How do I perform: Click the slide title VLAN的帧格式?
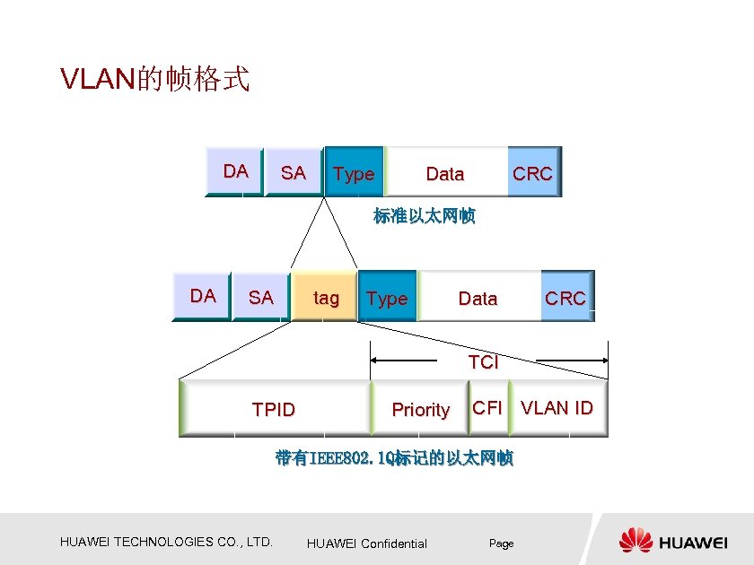pos(154,80)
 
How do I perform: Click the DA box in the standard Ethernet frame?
pos(235,171)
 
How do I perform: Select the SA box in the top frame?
pos(294,172)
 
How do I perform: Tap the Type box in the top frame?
pos(354,173)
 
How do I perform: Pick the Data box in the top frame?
pos(445,173)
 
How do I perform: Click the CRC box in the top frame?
pos(533,173)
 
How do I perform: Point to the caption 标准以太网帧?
pos(424,216)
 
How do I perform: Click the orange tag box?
pos(326,298)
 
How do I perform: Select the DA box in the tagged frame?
pos(203,296)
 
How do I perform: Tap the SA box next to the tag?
pos(260,298)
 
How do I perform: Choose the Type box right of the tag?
pos(387,298)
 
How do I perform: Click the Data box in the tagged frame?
pos(478,298)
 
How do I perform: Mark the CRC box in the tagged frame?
pos(565,298)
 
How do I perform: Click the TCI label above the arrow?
pos(483,362)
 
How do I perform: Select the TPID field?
pos(274,410)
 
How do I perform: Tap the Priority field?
pos(420,410)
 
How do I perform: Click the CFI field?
pos(487,408)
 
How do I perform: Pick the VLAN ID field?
pos(557,408)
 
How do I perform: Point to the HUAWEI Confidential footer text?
pos(367,543)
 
